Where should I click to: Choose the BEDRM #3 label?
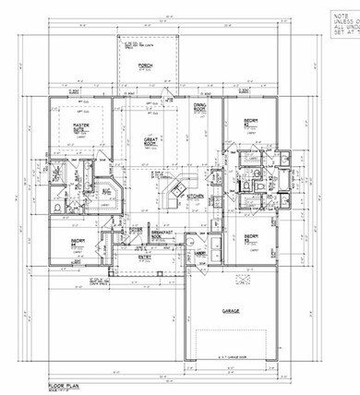point(250,238)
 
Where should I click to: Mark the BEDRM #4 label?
point(78,243)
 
